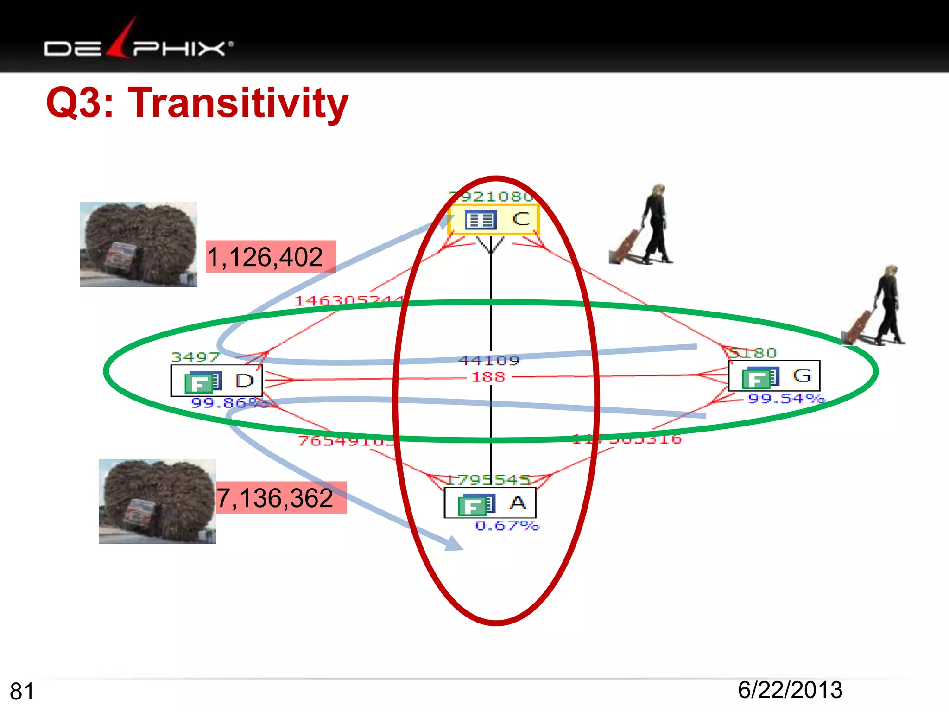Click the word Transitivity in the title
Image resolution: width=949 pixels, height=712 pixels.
(238, 102)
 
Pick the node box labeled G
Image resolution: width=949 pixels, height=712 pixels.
(774, 376)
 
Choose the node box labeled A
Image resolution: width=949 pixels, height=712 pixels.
(490, 503)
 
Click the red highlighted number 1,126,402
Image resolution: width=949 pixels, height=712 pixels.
(271, 257)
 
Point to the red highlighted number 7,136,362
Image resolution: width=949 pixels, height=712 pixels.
(281, 498)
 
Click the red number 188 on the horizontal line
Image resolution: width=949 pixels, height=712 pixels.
(488, 377)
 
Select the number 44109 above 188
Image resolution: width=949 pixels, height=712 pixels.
(489, 361)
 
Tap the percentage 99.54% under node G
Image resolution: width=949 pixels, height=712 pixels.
(786, 398)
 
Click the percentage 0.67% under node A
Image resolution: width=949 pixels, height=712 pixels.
(507, 526)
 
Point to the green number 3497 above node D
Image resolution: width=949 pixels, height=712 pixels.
(195, 357)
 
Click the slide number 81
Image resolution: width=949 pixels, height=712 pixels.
(22, 691)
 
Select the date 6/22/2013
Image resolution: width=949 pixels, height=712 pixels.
(790, 690)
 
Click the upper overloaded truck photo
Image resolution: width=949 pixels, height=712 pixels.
(139, 244)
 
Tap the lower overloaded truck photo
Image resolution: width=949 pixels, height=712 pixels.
(157, 501)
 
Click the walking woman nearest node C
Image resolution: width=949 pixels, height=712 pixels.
(644, 225)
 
